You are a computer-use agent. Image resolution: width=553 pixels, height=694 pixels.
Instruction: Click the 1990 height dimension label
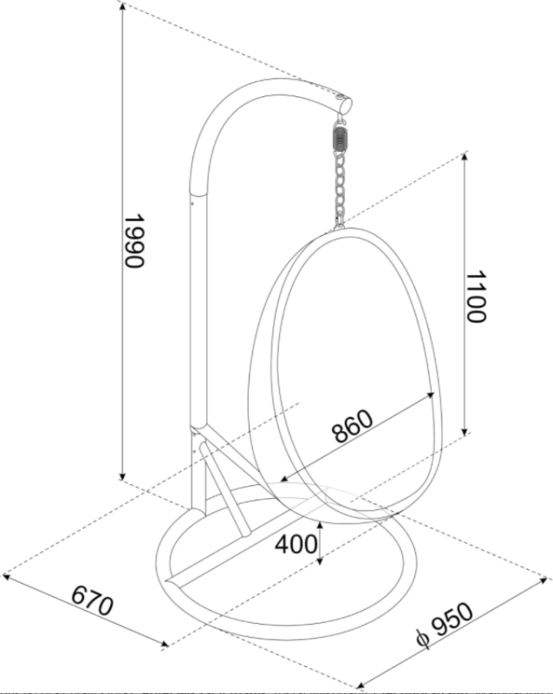(133, 241)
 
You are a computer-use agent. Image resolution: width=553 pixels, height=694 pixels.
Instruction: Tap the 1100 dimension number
(476, 297)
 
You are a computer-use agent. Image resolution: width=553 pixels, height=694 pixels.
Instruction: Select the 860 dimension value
(352, 426)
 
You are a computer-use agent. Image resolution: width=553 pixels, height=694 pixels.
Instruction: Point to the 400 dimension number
(296, 544)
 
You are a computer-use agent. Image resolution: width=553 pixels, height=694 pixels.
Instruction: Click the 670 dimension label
(93, 600)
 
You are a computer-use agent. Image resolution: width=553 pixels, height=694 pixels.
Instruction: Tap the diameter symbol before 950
(422, 638)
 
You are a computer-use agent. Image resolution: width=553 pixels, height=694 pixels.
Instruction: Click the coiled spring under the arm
(339, 139)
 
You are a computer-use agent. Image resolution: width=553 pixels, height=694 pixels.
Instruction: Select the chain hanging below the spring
(340, 187)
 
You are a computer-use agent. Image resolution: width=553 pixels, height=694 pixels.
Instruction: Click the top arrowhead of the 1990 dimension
(122, 8)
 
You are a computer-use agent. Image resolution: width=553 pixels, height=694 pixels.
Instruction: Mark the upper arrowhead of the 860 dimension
(429, 396)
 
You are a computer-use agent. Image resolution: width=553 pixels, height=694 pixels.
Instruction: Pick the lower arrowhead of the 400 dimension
(321, 560)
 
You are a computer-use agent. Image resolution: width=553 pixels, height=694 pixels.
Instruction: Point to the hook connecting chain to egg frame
(339, 225)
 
